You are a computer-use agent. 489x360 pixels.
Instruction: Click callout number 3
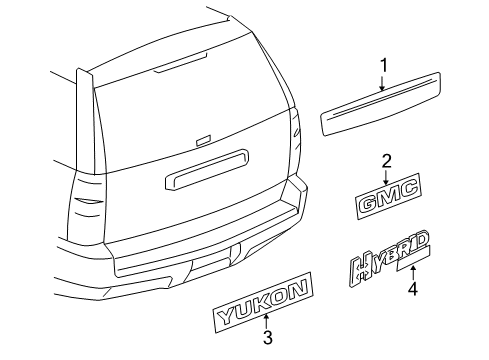[268, 338]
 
